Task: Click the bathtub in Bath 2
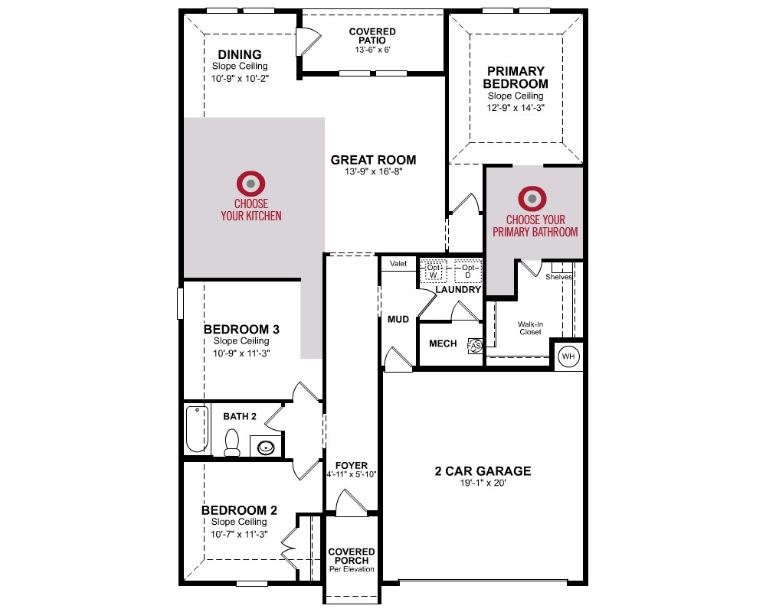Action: (197, 429)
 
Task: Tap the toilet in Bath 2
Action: (231, 443)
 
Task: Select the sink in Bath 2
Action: (266, 447)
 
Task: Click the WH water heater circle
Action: (568, 356)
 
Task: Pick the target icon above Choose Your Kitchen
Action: (250, 184)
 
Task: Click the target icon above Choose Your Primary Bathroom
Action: (532, 199)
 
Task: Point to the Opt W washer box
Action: (433, 271)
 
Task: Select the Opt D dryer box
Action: (467, 271)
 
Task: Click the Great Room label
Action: (373, 160)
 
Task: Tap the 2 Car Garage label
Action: (483, 471)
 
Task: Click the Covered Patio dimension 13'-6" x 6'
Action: (372, 50)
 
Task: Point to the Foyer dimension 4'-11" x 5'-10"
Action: (352, 474)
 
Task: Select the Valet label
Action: (398, 263)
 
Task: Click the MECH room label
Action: (443, 343)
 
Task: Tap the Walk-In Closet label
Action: (531, 328)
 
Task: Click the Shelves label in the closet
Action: (558, 277)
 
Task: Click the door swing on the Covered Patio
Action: (308, 41)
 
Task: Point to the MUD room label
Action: (398, 319)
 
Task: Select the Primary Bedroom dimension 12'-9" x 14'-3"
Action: (516, 108)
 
